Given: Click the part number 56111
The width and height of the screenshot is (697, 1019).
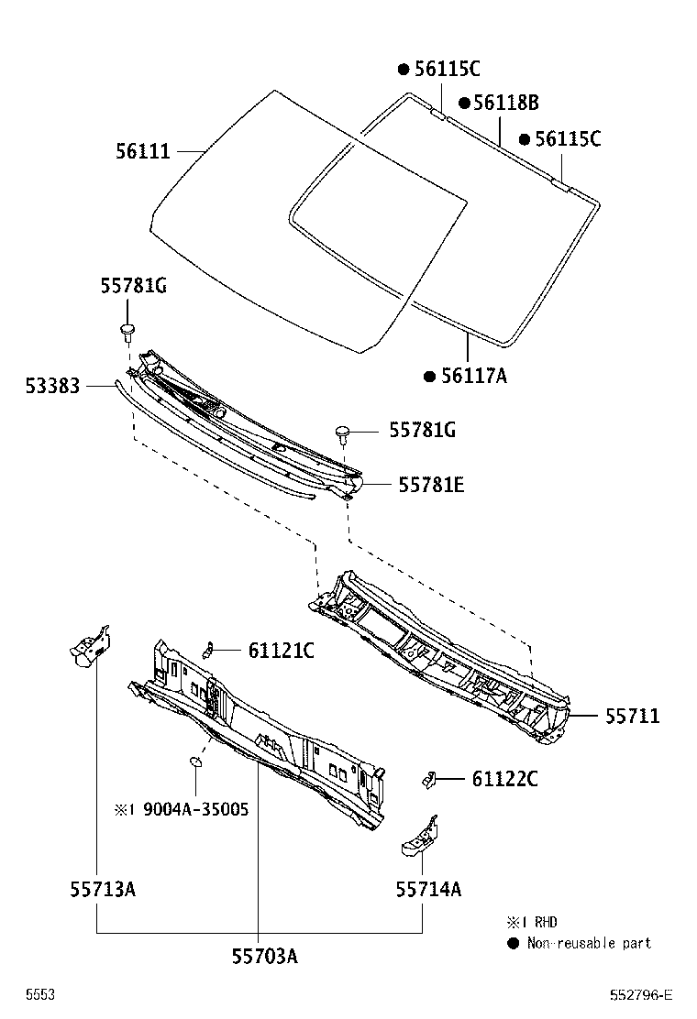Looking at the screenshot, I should [x=143, y=151].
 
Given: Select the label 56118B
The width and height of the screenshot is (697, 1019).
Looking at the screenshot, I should [x=505, y=104].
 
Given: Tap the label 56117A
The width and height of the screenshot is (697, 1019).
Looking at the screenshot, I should [x=473, y=375].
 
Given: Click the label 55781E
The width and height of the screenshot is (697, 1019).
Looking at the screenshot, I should [x=430, y=485].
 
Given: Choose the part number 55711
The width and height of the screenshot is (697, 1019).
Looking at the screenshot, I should [x=632, y=716].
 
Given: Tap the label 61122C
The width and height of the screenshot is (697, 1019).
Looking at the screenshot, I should [x=504, y=779].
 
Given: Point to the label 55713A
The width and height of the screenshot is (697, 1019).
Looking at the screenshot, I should [x=103, y=888].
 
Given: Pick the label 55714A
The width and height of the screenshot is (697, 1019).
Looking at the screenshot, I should [x=428, y=888].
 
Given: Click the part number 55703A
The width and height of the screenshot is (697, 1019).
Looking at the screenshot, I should [x=265, y=956].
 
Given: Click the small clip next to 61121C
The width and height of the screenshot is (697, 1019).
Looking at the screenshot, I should [x=208, y=650].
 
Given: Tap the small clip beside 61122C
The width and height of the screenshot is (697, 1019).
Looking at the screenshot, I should [x=426, y=779].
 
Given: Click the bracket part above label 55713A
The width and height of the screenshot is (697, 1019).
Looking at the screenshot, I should [x=89, y=644].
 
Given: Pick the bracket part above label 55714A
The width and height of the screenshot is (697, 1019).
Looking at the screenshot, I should [x=418, y=837].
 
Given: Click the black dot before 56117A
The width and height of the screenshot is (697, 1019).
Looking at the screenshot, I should [x=429, y=376].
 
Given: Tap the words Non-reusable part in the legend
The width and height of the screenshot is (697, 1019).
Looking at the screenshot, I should [x=589, y=943].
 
